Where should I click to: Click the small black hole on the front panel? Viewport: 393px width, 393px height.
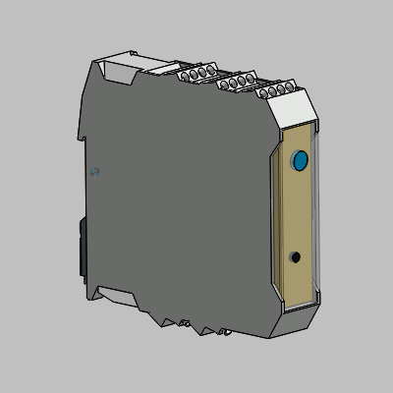(296, 257)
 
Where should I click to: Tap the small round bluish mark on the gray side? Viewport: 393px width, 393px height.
(94, 171)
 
